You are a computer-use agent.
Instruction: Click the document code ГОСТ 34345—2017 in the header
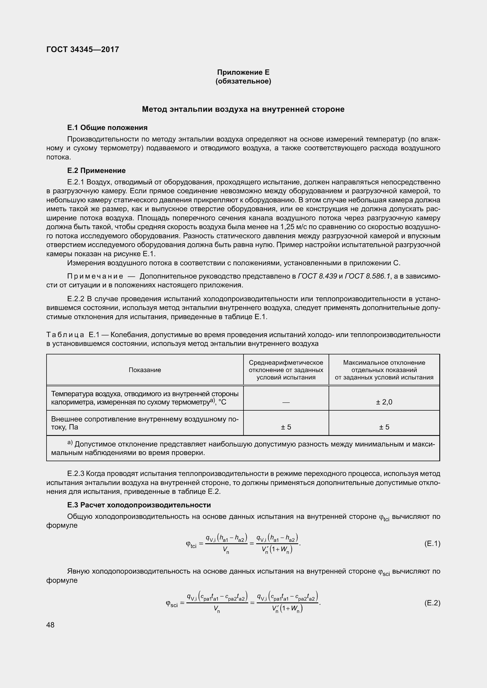pos(83,49)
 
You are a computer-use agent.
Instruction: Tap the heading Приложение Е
pos(243,72)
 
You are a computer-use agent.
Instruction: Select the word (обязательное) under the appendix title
pos(243,81)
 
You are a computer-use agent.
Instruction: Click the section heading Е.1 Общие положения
pos(107,128)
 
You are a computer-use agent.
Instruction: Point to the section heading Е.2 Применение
pos(96,171)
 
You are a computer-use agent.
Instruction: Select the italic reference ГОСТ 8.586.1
pos(368,276)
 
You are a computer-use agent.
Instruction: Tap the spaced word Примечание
pos(95,276)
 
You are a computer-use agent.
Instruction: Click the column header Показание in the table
pos(145,370)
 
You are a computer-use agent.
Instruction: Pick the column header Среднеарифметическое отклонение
pos(286,370)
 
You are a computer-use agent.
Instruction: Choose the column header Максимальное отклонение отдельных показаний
pos(384,370)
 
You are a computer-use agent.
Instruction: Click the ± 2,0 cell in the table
pos(384,402)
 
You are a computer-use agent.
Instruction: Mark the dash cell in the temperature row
pos(286,402)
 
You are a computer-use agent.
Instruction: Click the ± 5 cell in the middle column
pos(286,427)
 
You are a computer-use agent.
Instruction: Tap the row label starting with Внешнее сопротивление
pos(145,423)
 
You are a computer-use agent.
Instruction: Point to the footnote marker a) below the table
pos(69,443)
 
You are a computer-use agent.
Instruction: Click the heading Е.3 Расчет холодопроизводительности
pos(139,505)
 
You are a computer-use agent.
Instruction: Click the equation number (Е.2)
pos(432,603)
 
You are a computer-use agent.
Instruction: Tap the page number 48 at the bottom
pos(50,625)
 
